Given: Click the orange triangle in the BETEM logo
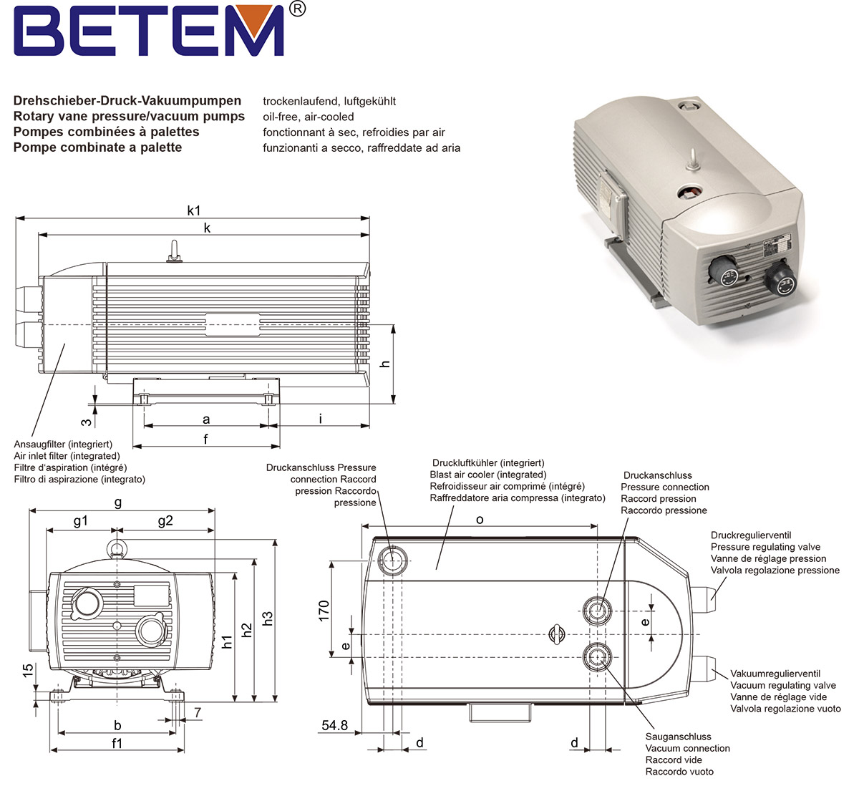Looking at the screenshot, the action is (256, 18).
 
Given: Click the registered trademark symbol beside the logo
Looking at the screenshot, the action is (298, 9).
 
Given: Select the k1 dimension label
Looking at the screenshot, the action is (194, 210).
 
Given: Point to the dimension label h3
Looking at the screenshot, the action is (267, 618).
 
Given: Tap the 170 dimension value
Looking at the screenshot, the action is (324, 611).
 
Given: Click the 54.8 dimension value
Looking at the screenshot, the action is (334, 725).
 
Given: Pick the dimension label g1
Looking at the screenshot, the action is (80, 521).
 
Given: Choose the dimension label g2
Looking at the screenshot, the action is (165, 521).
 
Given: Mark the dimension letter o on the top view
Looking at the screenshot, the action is (480, 520).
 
